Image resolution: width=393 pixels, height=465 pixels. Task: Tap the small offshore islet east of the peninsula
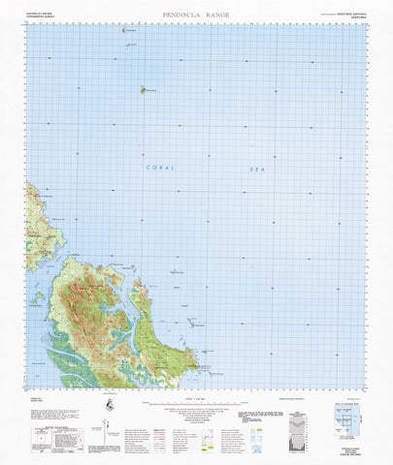194,325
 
